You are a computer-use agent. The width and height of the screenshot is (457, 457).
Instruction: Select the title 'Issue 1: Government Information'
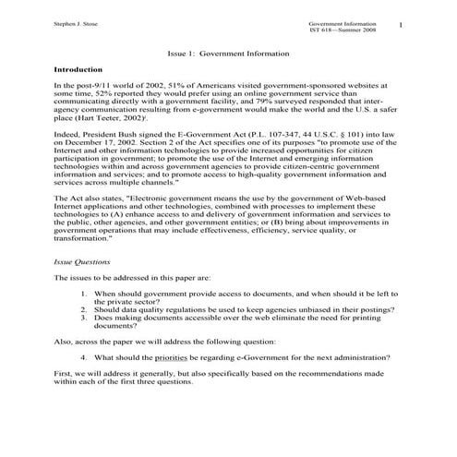click(226, 54)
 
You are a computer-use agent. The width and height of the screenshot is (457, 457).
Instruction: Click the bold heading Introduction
click(78, 69)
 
